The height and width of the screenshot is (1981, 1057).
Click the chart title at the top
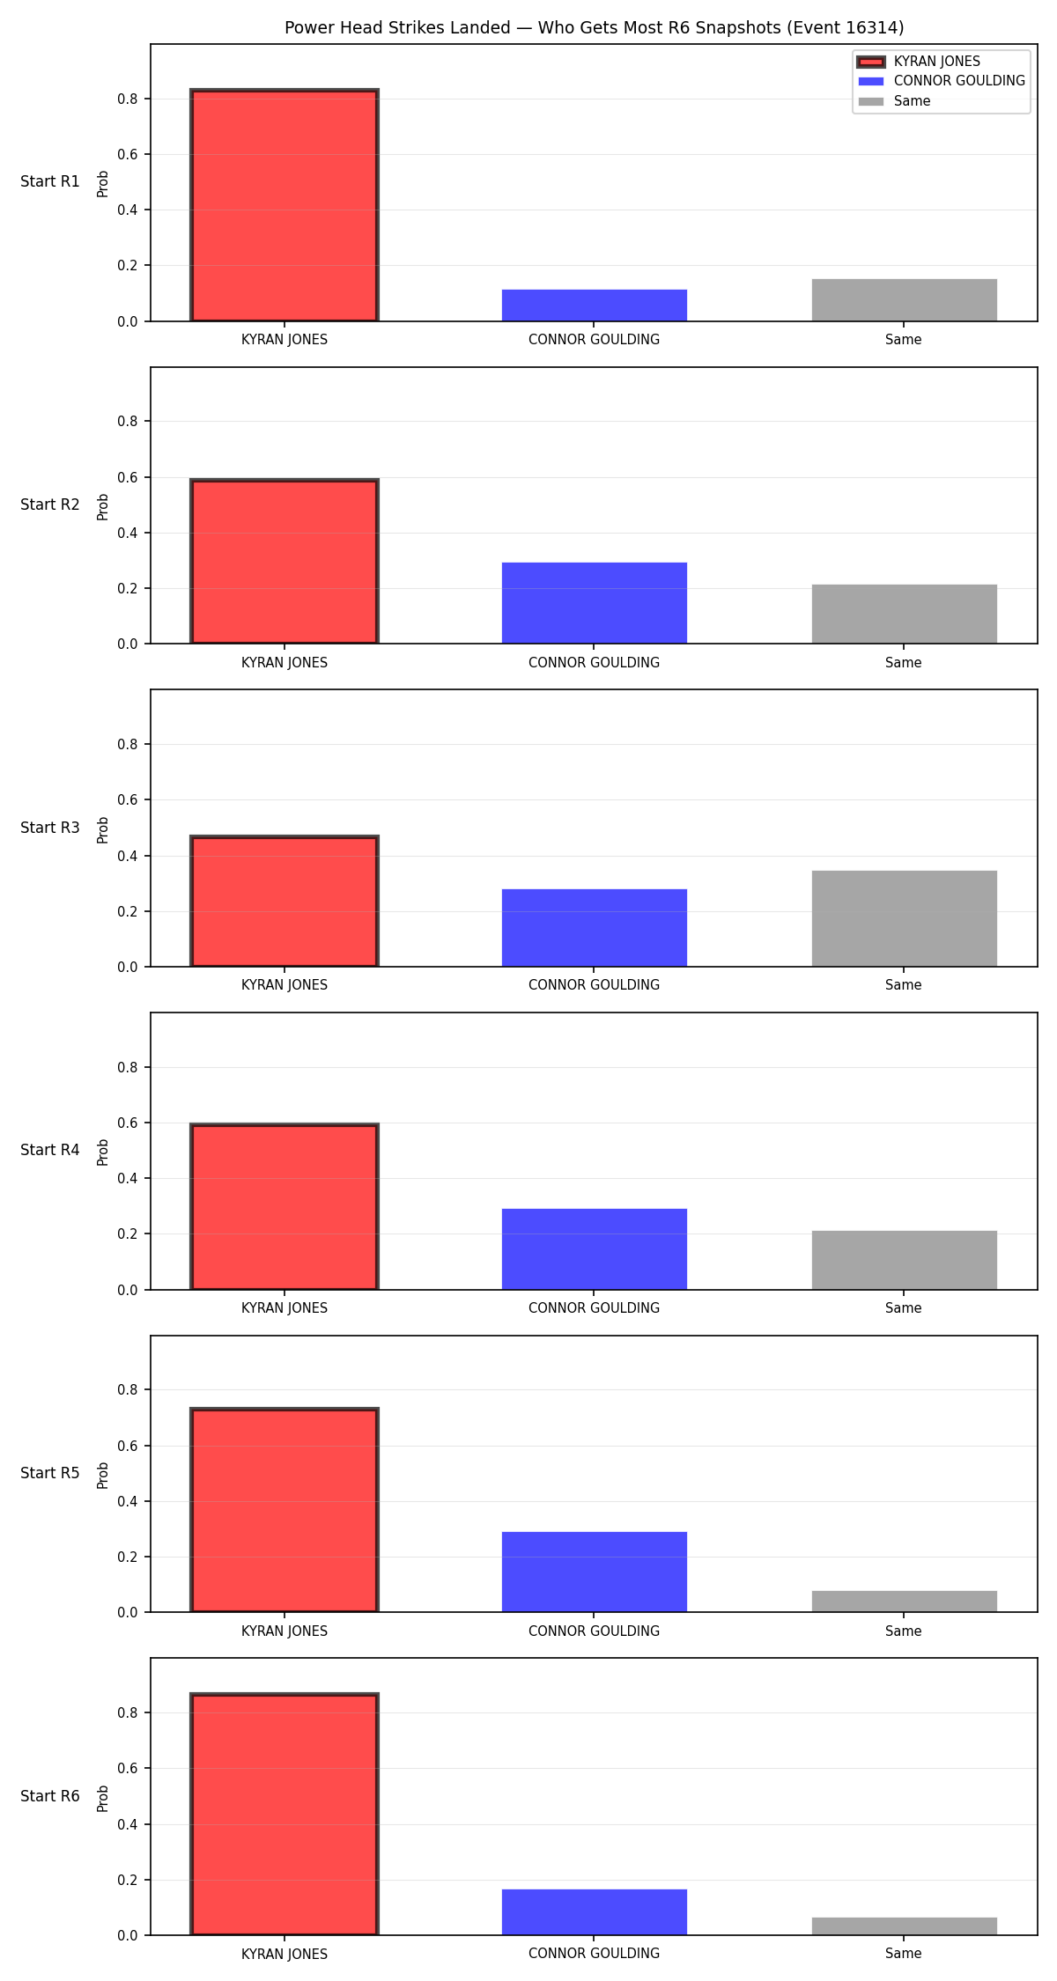594,27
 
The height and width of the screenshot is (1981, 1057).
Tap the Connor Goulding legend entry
942,81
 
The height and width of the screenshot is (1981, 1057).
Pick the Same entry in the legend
894,101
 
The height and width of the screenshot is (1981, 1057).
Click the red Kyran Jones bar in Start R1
285,205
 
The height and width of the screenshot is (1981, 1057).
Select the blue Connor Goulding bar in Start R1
595,306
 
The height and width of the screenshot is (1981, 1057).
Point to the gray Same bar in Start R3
905,918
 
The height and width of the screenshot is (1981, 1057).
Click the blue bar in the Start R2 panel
595,603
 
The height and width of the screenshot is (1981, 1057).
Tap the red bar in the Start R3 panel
285,902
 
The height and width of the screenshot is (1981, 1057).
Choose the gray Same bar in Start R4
905,1260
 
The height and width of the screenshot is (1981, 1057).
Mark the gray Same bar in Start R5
905,1602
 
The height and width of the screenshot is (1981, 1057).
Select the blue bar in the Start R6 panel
595,1912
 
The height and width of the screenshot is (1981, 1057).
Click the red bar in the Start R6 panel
285,1815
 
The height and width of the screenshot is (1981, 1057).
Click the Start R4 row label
50,1150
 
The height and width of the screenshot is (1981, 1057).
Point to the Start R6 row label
50,1796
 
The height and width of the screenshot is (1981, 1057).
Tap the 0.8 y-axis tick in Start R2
128,421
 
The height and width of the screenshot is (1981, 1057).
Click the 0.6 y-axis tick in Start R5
128,1446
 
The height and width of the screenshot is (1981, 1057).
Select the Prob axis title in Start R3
103,829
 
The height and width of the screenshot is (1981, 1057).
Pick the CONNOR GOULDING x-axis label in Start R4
594,1308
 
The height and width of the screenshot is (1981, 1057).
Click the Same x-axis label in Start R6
904,1954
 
